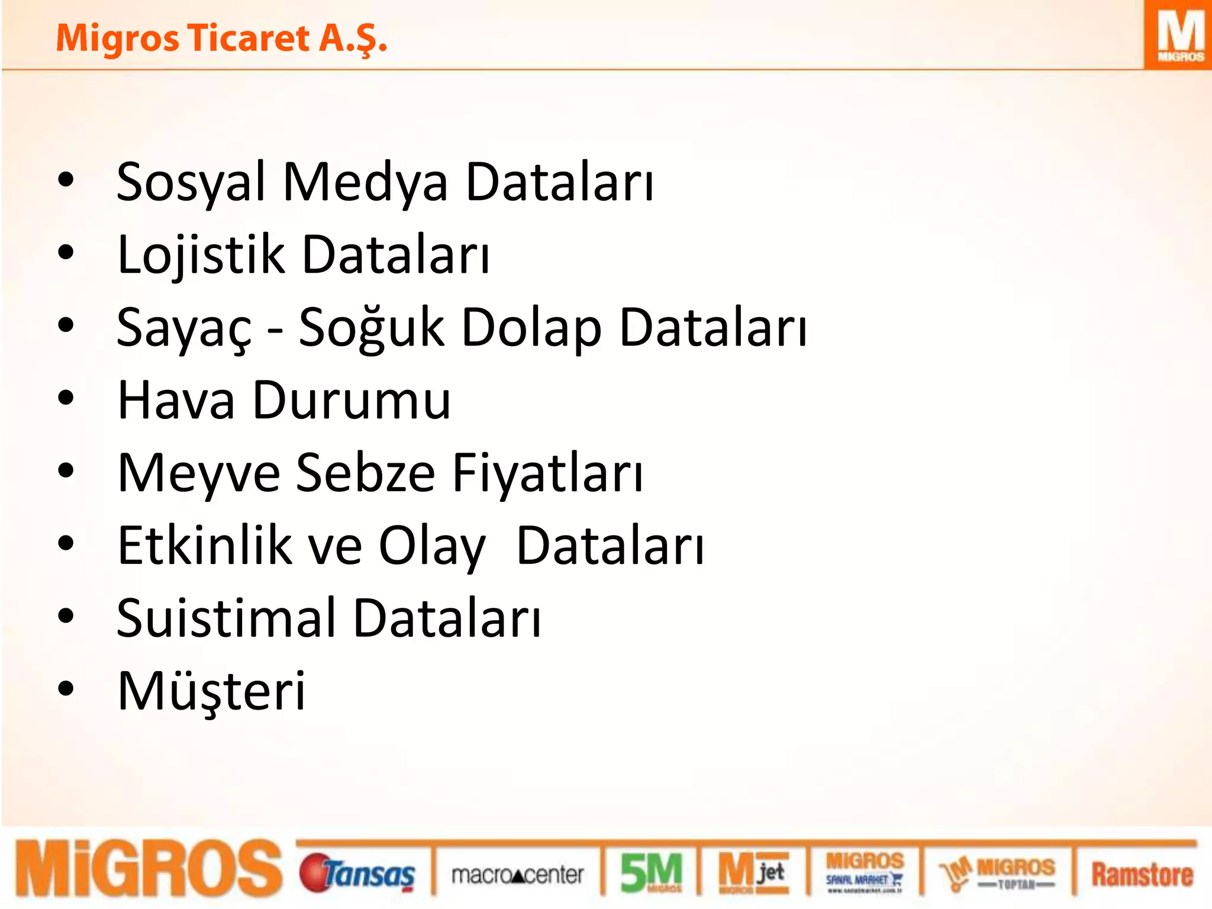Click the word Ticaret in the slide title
249,39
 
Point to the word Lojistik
201,255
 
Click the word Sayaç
184,328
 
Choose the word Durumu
352,401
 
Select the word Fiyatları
547,474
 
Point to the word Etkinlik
205,546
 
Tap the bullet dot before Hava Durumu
66,398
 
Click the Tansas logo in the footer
357,873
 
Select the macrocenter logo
517,875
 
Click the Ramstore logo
1142,875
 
